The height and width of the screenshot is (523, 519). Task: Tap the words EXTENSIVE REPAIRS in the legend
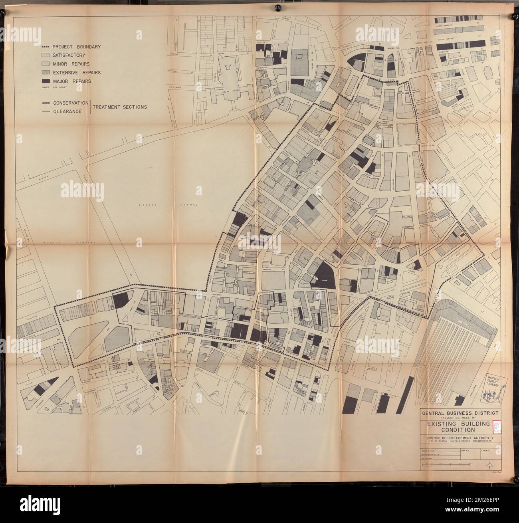pyautogui.click(x=77, y=73)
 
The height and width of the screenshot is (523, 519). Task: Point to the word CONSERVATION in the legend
pyautogui.click(x=71, y=103)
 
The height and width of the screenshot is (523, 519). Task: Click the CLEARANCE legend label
pyautogui.click(x=67, y=111)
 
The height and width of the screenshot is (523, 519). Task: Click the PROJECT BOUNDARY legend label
pyautogui.click(x=77, y=47)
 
